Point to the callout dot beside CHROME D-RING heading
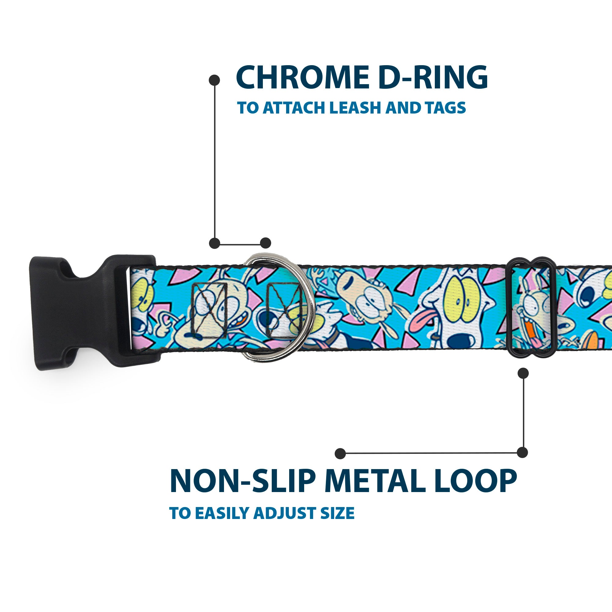point(215,80)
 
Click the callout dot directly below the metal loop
point(523,373)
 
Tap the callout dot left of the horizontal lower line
point(340,453)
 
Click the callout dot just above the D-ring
point(265,243)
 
